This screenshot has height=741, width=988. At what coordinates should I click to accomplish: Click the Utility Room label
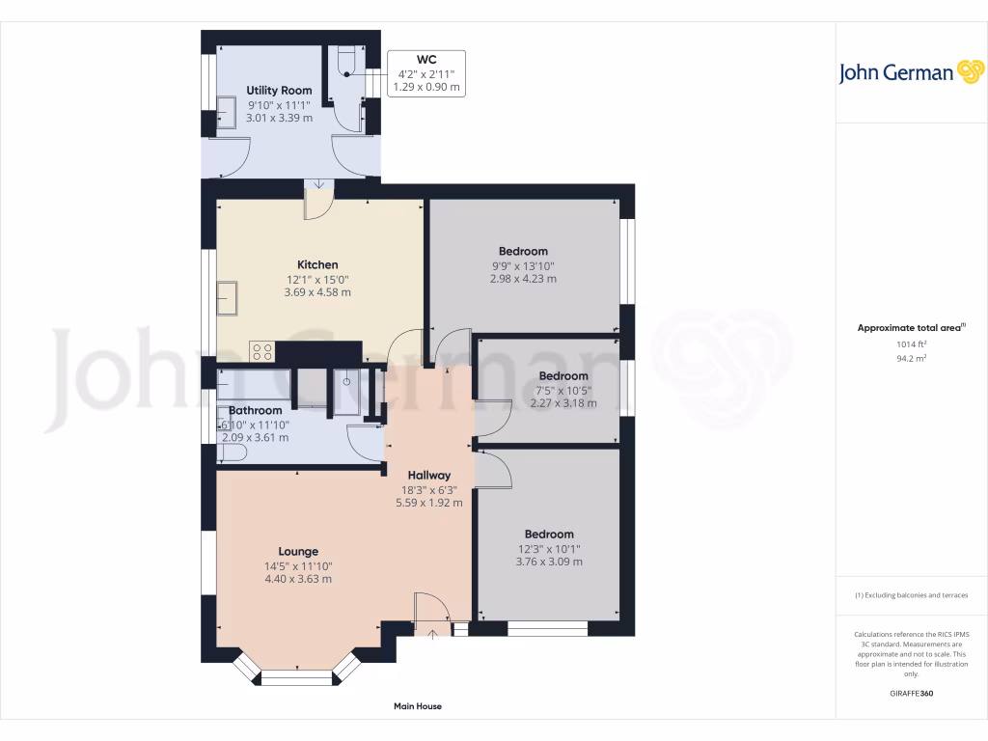[279, 91]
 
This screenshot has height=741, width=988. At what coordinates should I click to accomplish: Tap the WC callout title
[426, 59]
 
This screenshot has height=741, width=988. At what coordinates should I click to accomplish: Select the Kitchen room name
[317, 264]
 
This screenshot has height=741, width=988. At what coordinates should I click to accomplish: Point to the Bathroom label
[255, 410]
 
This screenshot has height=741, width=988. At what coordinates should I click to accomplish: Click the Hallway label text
[428, 475]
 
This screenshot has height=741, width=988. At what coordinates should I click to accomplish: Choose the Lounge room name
[298, 552]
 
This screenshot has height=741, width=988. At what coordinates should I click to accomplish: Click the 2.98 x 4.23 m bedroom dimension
[523, 279]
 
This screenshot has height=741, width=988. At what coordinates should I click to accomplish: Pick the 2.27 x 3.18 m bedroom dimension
[563, 403]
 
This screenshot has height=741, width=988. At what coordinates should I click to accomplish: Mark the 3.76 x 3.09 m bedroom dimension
[549, 562]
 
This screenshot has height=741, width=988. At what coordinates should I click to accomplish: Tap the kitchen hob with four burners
[261, 351]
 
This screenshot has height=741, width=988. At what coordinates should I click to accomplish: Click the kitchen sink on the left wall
[229, 298]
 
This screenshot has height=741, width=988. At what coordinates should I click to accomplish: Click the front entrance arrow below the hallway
[432, 634]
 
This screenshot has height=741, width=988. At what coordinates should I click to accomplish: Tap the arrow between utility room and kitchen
[318, 184]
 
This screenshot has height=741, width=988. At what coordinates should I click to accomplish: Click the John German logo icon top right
[969, 72]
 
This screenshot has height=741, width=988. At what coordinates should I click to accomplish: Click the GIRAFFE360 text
[912, 694]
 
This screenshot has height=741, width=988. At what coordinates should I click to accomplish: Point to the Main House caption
[418, 706]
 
